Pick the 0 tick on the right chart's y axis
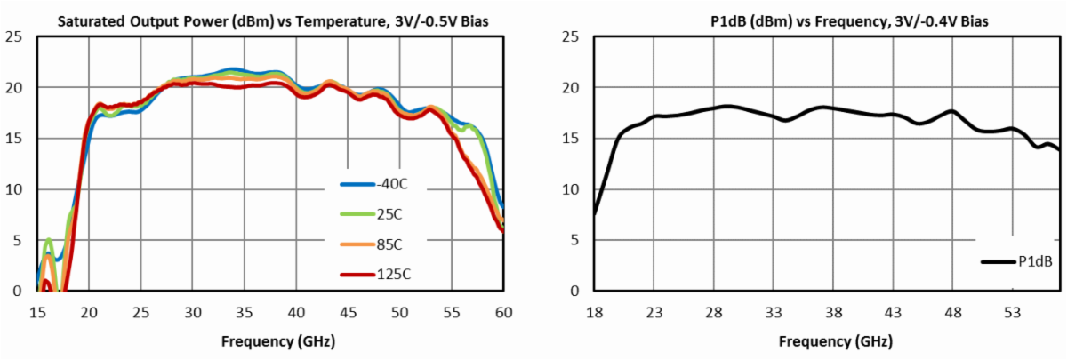pyautogui.click(x=574, y=291)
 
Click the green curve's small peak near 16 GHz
pyautogui.click(x=49, y=239)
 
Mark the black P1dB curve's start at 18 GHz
pyautogui.click(x=594, y=214)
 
